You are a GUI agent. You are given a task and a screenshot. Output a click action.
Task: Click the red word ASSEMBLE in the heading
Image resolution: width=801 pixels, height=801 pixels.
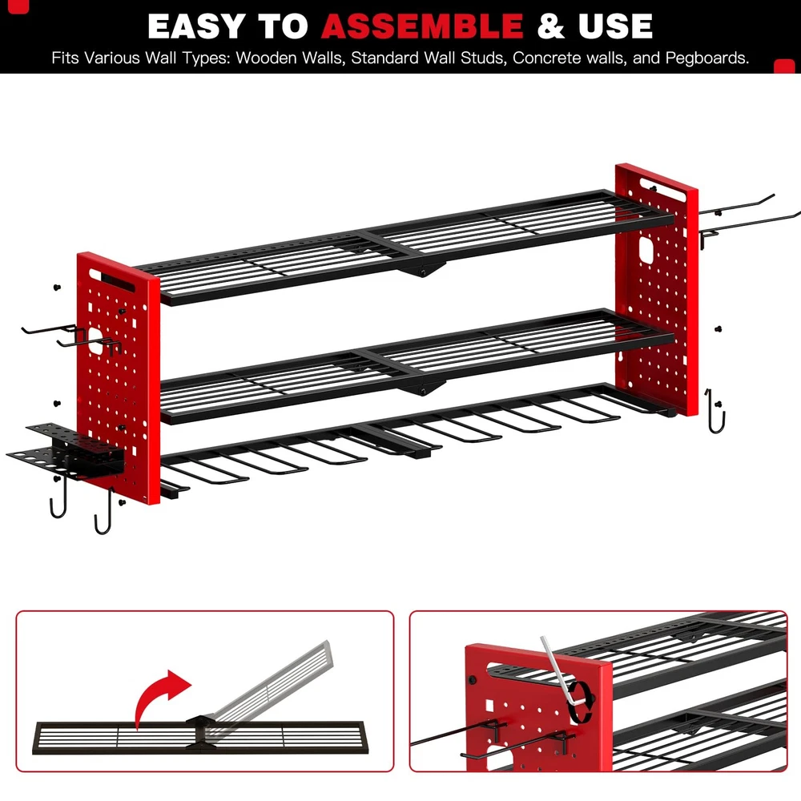point(422,26)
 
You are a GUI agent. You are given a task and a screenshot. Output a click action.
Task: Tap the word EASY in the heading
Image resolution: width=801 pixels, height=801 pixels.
point(197,26)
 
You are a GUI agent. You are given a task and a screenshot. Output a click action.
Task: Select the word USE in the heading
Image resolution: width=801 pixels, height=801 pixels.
point(615,26)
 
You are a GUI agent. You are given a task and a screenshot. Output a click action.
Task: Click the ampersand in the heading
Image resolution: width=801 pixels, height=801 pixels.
point(551,26)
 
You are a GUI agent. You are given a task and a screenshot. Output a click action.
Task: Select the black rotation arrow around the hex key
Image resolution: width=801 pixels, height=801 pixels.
point(582,702)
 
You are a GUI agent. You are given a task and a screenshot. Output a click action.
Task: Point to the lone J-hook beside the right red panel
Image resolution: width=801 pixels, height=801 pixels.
point(715,411)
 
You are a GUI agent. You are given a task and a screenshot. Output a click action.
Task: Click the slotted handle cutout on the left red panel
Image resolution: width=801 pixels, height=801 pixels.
point(112,280)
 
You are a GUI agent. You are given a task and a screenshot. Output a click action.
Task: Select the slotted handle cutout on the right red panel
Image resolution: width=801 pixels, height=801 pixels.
point(662,190)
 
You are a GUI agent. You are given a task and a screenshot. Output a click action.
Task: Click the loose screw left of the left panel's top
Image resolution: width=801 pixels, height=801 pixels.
point(57,287)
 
